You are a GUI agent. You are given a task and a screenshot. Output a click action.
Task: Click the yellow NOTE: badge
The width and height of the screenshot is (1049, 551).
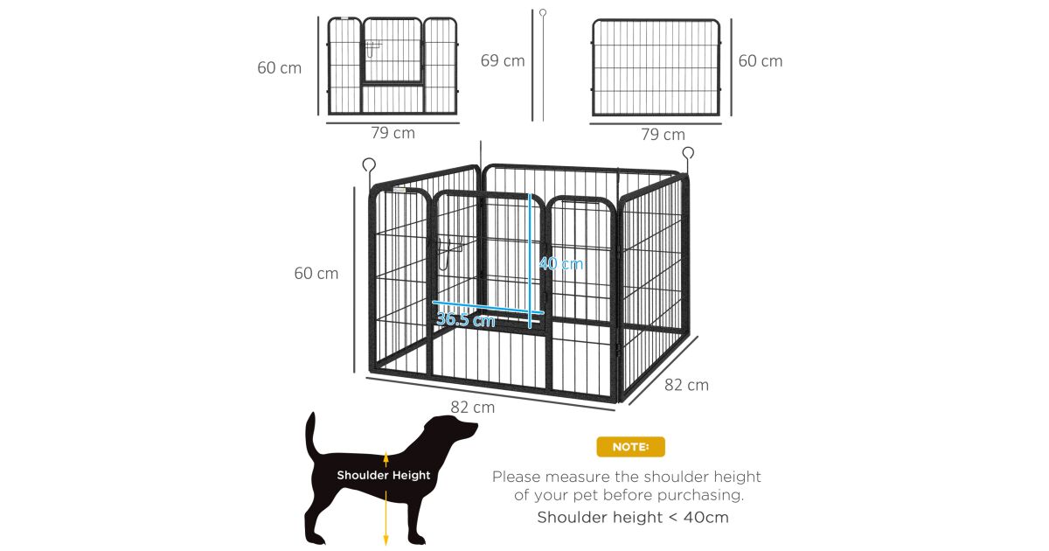630,447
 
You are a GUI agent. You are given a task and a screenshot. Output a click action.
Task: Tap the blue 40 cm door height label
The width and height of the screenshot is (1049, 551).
561,264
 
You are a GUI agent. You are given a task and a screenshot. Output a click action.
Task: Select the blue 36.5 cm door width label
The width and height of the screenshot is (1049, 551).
465,319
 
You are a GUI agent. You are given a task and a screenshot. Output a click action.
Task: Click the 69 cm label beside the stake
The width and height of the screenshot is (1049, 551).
503,61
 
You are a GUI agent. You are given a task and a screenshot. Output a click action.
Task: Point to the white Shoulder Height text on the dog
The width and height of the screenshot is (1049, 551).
384,475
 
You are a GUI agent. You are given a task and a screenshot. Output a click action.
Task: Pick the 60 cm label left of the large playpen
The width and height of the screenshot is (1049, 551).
316,274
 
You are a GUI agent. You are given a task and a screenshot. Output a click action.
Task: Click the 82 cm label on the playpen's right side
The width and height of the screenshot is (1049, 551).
686,385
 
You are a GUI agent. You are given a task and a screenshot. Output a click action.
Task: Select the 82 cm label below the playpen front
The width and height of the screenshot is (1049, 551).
473,408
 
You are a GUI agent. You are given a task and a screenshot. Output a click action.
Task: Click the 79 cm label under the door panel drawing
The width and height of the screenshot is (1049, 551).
393,133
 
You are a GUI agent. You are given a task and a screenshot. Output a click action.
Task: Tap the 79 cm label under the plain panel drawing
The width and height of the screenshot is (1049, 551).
663,135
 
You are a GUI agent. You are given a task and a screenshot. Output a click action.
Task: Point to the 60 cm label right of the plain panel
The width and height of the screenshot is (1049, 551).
760,61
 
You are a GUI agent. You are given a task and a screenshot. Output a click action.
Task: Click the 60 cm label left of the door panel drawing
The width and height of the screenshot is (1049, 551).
279,68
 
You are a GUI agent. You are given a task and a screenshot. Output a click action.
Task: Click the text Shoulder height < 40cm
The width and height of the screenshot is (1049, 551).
633,517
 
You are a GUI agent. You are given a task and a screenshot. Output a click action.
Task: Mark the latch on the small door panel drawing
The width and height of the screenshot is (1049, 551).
372,49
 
